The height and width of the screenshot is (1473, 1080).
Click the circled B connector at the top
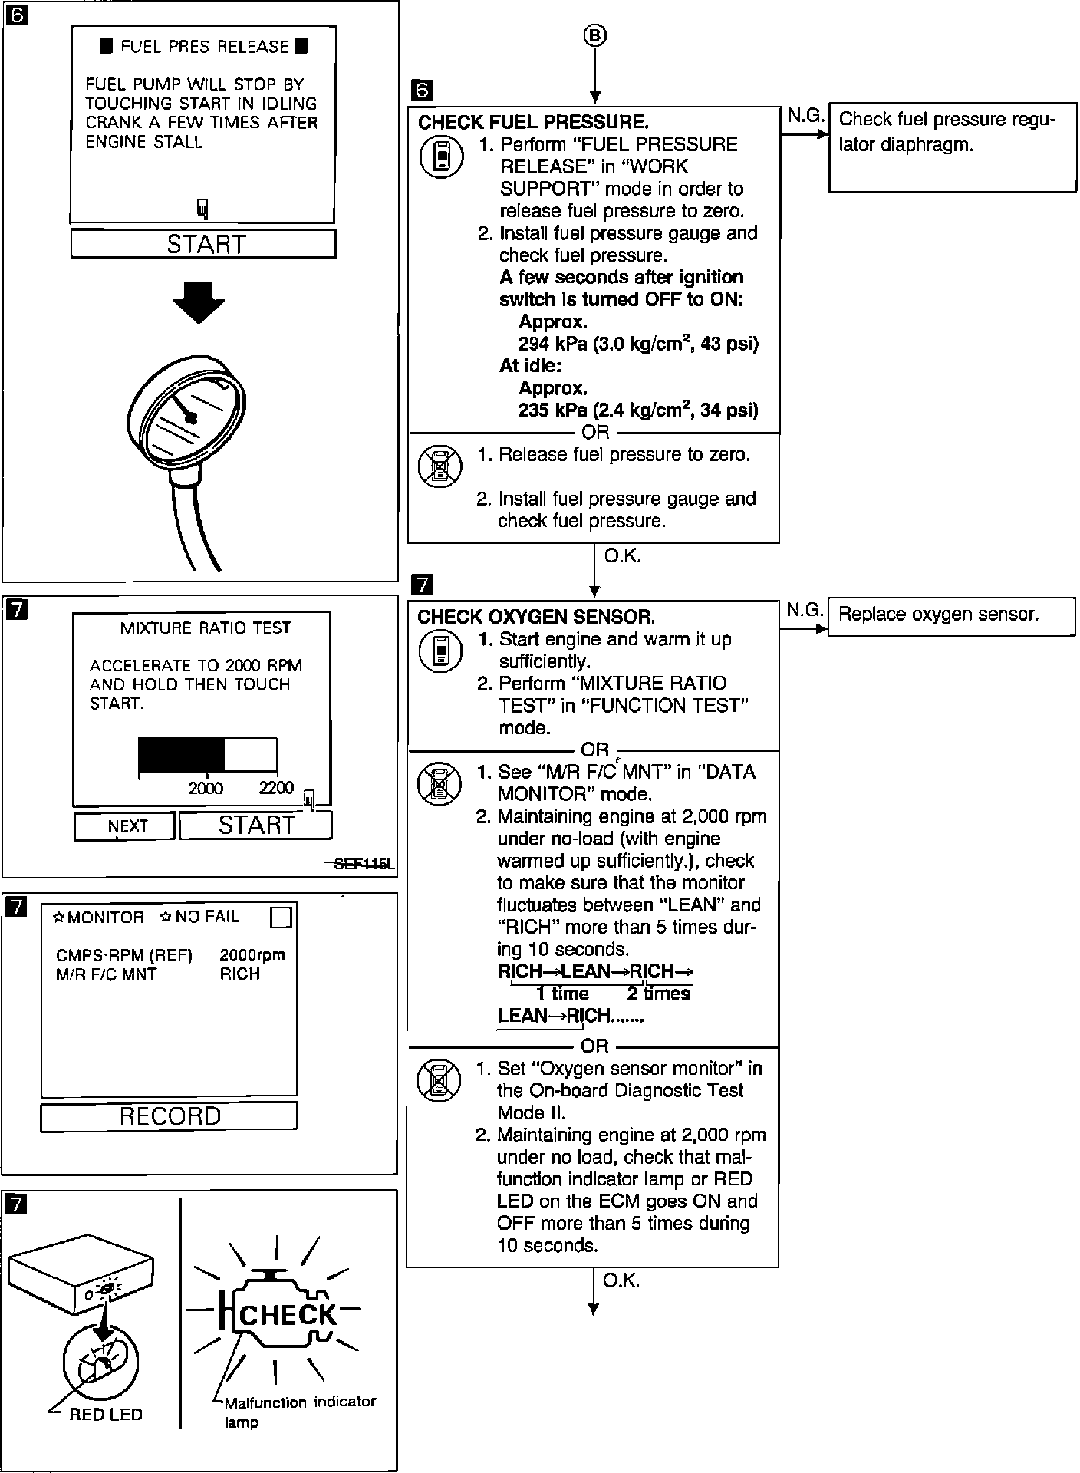tap(595, 35)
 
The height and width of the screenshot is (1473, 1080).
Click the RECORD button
tap(169, 1116)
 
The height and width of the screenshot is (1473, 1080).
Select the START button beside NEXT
tap(255, 825)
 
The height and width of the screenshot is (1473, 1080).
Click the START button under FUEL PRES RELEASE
tap(203, 244)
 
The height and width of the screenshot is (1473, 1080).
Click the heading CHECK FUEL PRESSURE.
tap(533, 123)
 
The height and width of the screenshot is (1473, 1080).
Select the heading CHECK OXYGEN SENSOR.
tap(536, 617)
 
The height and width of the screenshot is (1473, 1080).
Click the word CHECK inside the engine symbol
tap(288, 1314)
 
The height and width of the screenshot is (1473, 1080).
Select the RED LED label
tap(106, 1415)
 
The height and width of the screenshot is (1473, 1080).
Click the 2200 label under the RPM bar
tap(276, 788)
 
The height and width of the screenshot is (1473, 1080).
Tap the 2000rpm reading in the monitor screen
tap(252, 955)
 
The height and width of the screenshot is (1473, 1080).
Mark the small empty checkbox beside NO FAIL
tap(282, 918)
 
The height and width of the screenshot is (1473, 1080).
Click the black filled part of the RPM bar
tap(181, 755)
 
